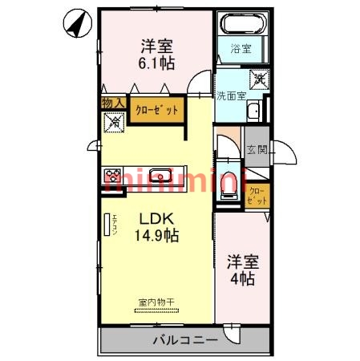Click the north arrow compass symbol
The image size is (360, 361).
75,23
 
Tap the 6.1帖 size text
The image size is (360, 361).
156,63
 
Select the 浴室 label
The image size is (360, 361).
241,49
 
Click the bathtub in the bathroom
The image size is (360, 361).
241,24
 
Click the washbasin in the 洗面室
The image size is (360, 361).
253,112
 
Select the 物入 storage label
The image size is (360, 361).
112,103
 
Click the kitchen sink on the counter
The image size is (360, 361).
161,174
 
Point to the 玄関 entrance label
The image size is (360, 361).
256,150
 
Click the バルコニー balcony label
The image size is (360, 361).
184,340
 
